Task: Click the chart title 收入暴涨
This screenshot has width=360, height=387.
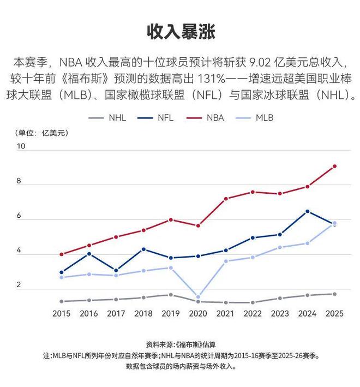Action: (181, 31)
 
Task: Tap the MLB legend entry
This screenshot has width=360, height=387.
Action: (264, 117)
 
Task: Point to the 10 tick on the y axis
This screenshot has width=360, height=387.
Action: (21, 146)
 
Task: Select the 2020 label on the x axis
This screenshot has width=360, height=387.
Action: (198, 314)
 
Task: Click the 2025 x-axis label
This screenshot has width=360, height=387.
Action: (334, 314)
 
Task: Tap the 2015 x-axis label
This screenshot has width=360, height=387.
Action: (61, 314)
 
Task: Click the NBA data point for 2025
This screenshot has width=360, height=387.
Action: (334, 166)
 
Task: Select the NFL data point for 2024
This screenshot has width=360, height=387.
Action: (307, 211)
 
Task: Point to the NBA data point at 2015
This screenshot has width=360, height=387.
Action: (61, 254)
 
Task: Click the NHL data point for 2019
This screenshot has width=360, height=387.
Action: (171, 295)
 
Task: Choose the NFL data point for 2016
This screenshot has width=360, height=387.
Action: (89, 254)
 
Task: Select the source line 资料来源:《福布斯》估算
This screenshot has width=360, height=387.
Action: (181, 344)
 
